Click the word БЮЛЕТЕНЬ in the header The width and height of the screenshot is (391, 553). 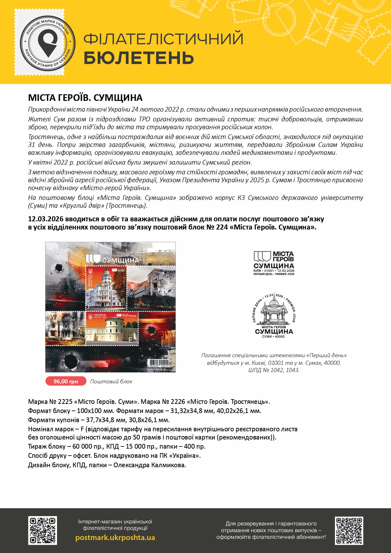(x=139, y=58)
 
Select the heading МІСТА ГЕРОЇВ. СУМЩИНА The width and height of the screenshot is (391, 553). (x=85, y=98)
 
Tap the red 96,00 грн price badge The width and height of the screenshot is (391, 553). (x=66, y=381)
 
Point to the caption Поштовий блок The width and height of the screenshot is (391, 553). (x=111, y=381)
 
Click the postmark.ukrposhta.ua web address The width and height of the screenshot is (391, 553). (x=115, y=538)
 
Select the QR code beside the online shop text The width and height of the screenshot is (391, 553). (x=43, y=530)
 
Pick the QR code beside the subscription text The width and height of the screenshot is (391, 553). (x=349, y=530)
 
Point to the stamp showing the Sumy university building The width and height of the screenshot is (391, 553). (x=106, y=287)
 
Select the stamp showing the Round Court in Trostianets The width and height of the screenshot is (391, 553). (x=112, y=328)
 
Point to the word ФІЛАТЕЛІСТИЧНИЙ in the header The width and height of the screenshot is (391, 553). (x=163, y=39)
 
